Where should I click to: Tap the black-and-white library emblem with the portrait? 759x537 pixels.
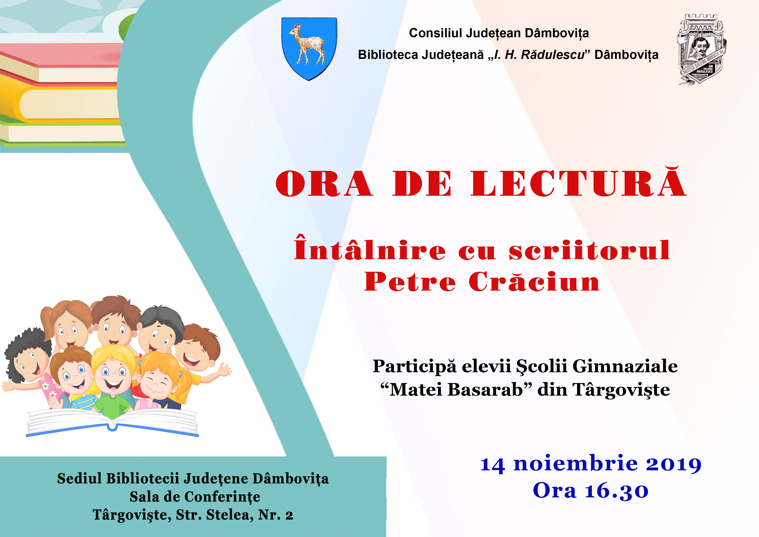click(701, 49)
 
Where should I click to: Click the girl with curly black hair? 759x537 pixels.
click(28, 359)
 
